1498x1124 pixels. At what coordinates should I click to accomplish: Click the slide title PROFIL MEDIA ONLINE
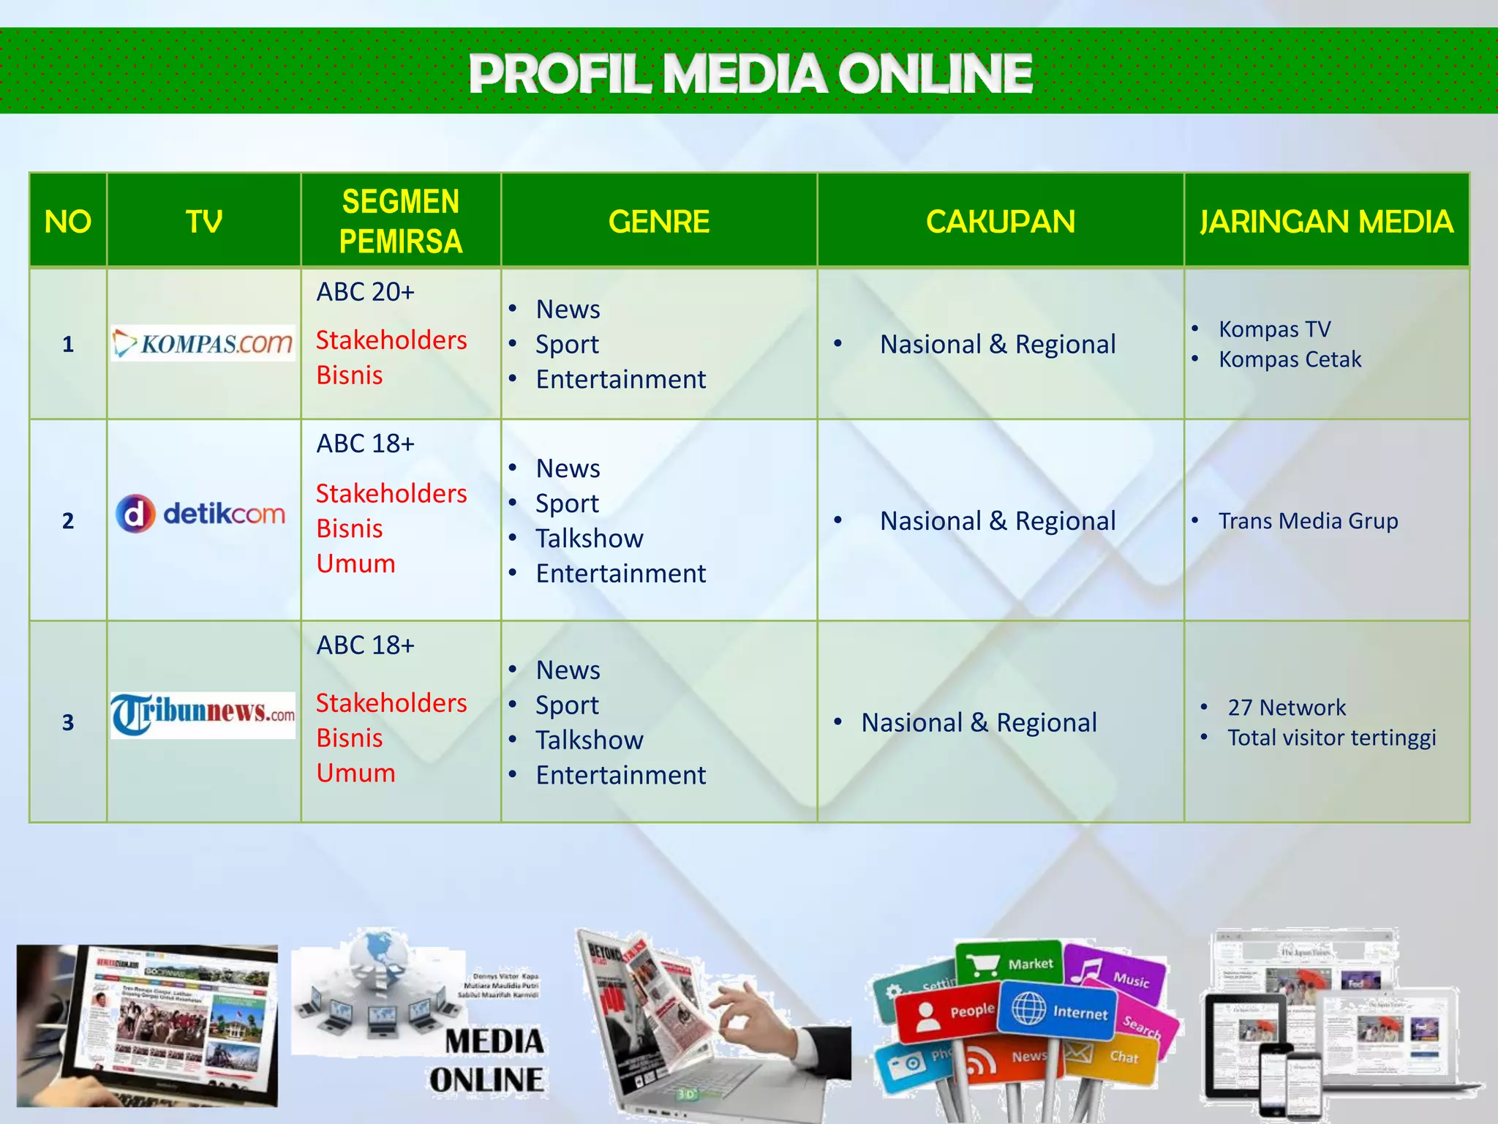pos(750,73)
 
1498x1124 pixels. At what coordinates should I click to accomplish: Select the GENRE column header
pos(659,222)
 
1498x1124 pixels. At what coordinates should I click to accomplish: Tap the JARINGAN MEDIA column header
pos(1326,222)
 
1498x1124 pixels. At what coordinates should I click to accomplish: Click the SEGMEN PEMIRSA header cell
pos(401,221)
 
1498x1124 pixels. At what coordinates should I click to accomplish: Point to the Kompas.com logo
pos(203,343)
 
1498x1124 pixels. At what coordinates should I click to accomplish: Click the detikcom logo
pos(201,514)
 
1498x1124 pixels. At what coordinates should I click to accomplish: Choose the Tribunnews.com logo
pos(203,714)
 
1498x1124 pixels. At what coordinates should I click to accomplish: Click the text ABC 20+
pos(366,292)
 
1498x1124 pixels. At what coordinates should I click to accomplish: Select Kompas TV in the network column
pos(1274,329)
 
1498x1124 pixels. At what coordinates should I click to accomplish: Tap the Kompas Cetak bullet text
pos(1290,359)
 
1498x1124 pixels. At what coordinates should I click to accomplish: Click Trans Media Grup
pos(1308,521)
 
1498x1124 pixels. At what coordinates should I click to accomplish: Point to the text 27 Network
pos(1287,708)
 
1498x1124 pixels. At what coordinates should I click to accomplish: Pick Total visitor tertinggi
pos(1331,738)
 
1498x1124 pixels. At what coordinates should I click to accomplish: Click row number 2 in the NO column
pos(68,521)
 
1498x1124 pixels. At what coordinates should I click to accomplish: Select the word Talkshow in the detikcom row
pos(590,539)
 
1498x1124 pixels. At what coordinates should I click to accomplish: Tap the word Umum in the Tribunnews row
pos(356,773)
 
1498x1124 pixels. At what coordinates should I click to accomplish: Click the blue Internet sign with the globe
pos(1059,1011)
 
